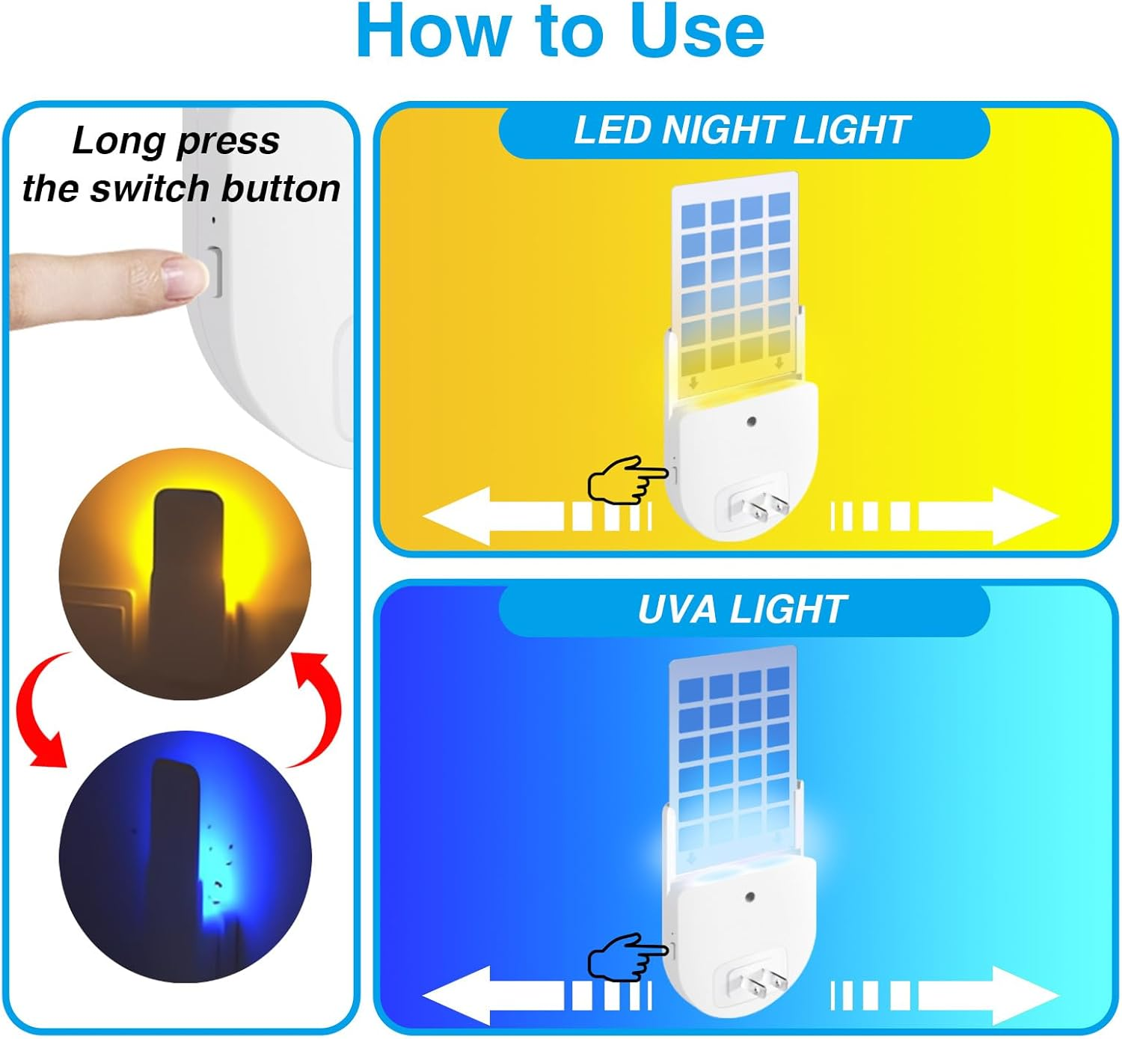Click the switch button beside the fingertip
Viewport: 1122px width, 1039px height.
[x=214, y=272]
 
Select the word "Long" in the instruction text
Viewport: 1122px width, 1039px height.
[x=120, y=141]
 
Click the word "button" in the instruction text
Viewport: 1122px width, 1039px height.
[x=280, y=189]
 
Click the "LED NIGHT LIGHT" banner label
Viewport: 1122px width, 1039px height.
[x=742, y=130]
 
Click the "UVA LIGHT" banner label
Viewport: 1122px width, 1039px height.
[x=742, y=610]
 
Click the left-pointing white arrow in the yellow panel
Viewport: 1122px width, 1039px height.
[x=537, y=516]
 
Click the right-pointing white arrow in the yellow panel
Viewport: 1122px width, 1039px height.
[x=944, y=516]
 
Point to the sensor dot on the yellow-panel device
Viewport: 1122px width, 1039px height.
[x=752, y=421]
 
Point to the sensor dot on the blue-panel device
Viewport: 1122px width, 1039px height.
[x=750, y=898]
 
